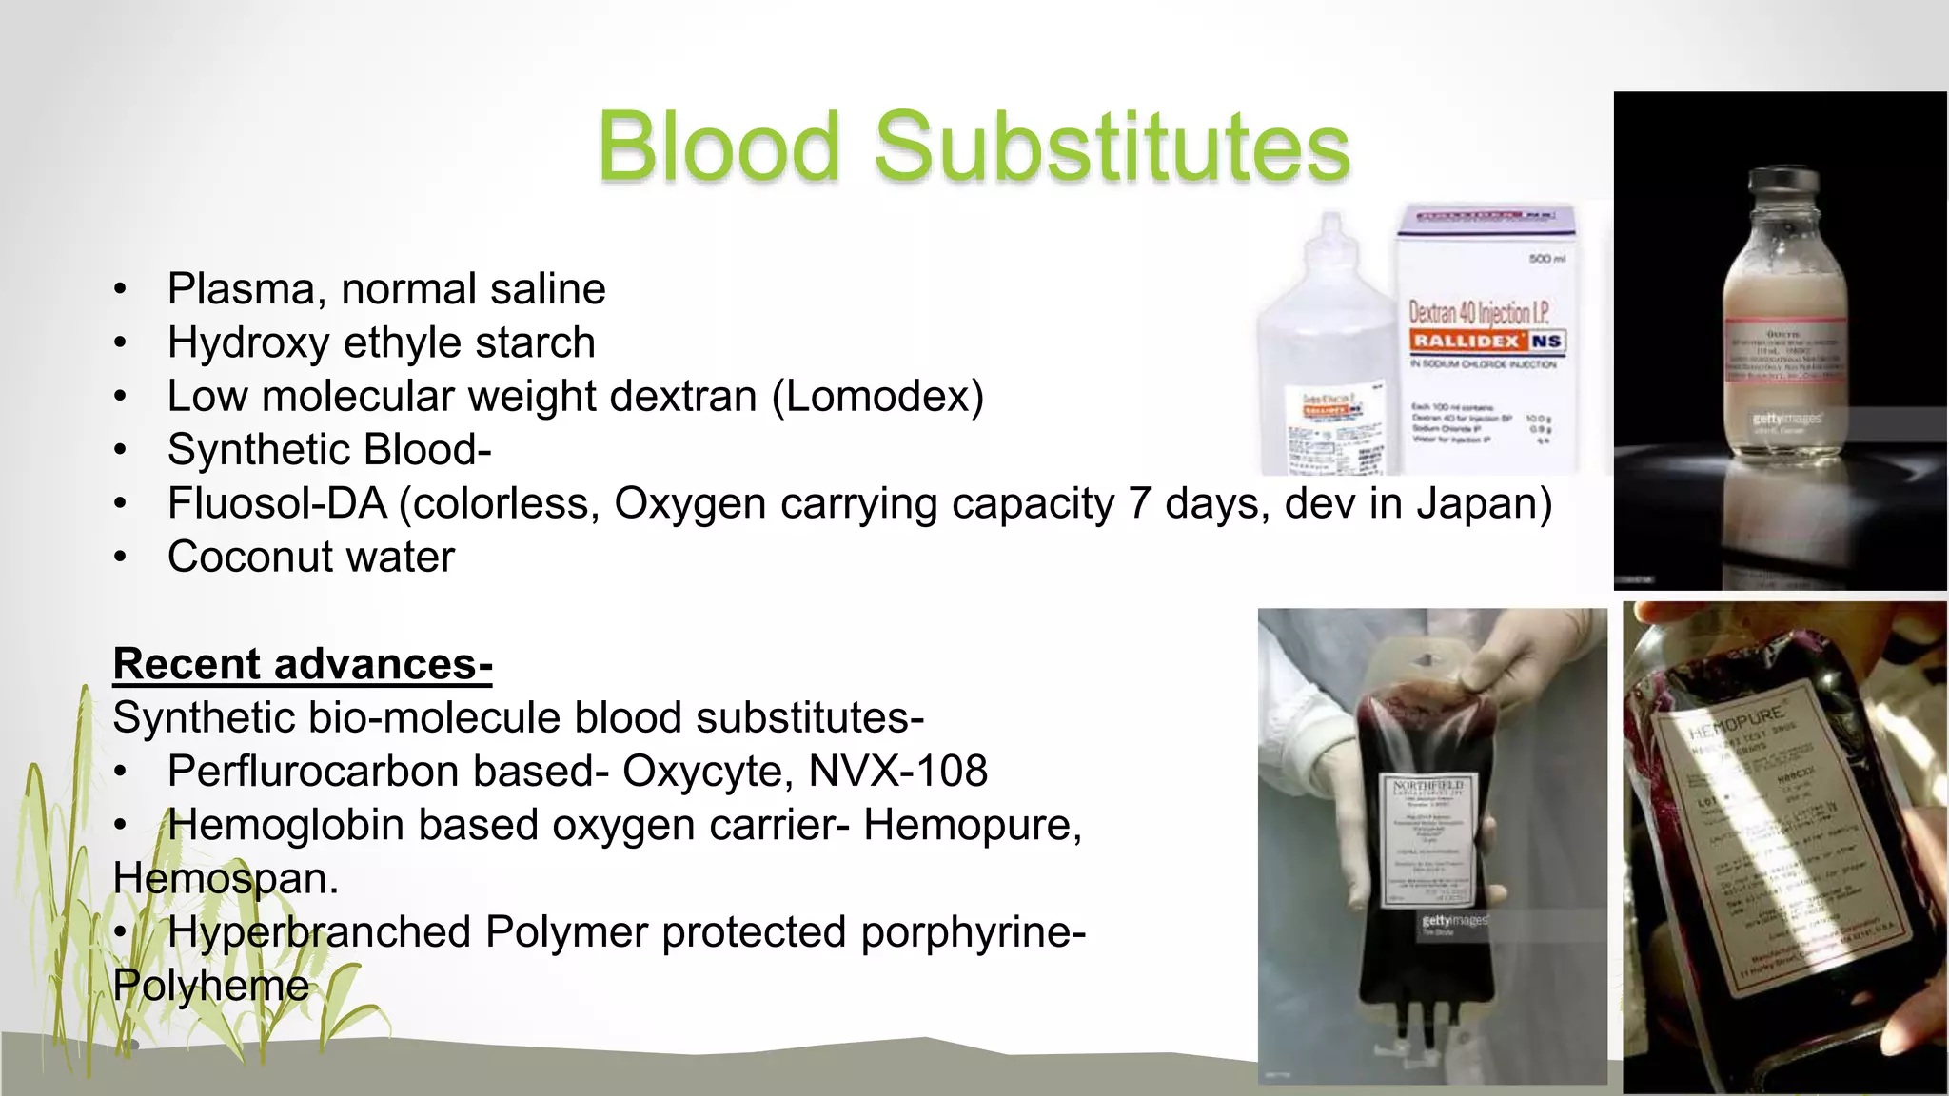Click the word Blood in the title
pos(719,147)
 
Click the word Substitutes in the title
pos(1112,147)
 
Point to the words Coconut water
pos(311,558)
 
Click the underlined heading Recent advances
pos(303,664)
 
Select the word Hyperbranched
pos(319,932)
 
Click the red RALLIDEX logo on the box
pos(1467,341)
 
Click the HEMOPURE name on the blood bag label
pos(1737,722)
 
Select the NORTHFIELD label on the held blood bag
pos(1427,786)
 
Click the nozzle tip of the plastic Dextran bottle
pos(1330,223)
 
